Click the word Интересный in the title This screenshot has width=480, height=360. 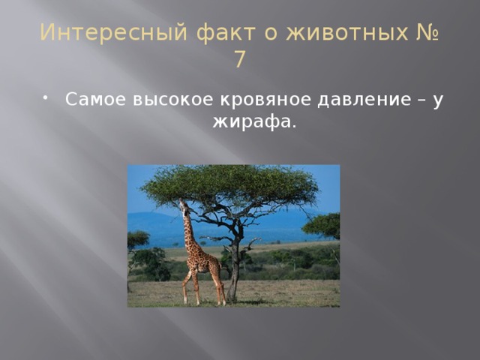click(x=113, y=32)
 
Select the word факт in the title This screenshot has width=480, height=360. click(x=226, y=33)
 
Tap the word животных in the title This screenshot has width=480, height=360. click(x=347, y=32)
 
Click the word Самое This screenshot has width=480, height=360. click(x=95, y=99)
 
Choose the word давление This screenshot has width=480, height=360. click(x=364, y=100)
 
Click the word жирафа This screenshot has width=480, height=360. click(x=255, y=122)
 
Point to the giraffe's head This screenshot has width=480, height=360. click(x=184, y=205)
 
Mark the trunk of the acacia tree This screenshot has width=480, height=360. click(x=235, y=269)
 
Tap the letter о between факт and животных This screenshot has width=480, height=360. click(x=271, y=34)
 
